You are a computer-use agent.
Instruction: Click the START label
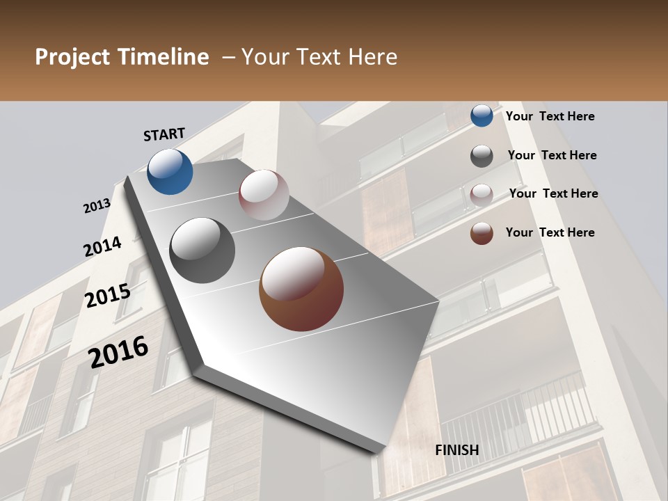[164, 134]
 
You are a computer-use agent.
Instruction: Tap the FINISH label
[457, 450]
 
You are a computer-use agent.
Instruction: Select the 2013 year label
[97, 206]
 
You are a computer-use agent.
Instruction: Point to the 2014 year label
[103, 247]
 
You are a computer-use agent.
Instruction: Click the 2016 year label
[118, 352]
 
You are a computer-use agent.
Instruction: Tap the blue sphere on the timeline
[170, 171]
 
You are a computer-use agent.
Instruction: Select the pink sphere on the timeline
[264, 195]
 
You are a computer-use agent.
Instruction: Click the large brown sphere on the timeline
[301, 289]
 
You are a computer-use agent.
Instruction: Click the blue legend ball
[482, 116]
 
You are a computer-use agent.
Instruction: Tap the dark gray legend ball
[482, 156]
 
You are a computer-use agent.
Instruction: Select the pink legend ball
[482, 195]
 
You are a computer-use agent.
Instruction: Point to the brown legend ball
[482, 233]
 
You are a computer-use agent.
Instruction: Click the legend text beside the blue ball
[550, 116]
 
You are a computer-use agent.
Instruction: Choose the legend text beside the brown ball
[550, 232]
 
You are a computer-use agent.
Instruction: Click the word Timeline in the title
[164, 57]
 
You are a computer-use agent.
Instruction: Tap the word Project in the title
[73, 57]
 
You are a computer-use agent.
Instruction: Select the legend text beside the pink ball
[554, 193]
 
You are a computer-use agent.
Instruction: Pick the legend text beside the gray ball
[552, 155]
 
